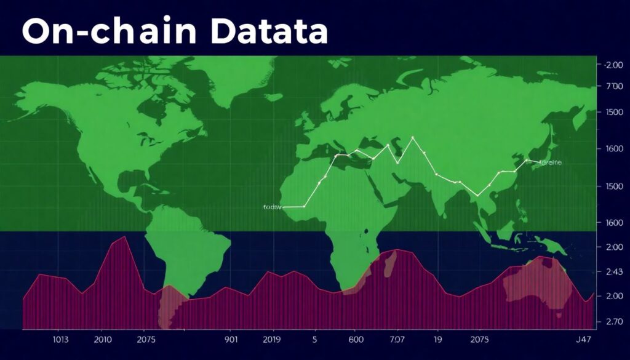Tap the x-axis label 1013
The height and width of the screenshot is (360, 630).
(x=60, y=339)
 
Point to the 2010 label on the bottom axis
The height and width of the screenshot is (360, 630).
(x=103, y=339)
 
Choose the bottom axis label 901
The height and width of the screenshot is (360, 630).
(x=231, y=339)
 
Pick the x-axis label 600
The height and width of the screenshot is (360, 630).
(x=356, y=339)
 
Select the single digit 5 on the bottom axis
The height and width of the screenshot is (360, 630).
(x=315, y=339)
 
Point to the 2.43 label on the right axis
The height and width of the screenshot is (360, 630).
(x=614, y=271)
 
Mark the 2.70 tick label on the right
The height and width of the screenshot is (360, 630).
(x=614, y=321)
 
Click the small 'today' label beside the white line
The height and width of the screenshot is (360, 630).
(x=271, y=207)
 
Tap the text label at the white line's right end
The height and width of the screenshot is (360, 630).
(x=551, y=163)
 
